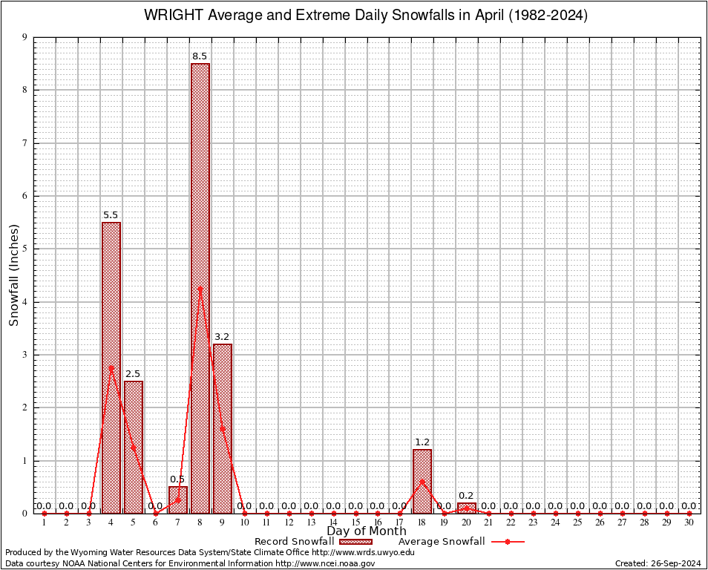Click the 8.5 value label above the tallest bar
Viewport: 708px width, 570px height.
pyautogui.click(x=200, y=56)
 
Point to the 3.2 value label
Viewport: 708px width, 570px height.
pyautogui.click(x=222, y=337)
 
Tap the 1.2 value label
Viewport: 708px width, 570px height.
pyautogui.click(x=422, y=442)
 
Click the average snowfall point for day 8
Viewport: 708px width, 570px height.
pyautogui.click(x=200, y=289)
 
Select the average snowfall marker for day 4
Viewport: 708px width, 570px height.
pyautogui.click(x=111, y=367)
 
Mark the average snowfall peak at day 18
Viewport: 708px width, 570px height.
pyautogui.click(x=422, y=482)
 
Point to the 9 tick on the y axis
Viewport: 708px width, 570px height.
pyautogui.click(x=24, y=37)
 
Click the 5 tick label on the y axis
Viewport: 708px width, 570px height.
pyautogui.click(x=24, y=249)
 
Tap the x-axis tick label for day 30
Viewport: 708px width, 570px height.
pyautogui.click(x=689, y=523)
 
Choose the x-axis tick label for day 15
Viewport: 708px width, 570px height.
pyautogui.click(x=355, y=523)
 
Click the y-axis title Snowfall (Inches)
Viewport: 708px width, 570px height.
pyautogui.click(x=13, y=276)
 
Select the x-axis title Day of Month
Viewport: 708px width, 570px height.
pyautogui.click(x=366, y=531)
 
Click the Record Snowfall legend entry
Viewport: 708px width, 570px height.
pyautogui.click(x=312, y=542)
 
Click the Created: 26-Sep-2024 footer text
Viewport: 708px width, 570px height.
pyautogui.click(x=658, y=563)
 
